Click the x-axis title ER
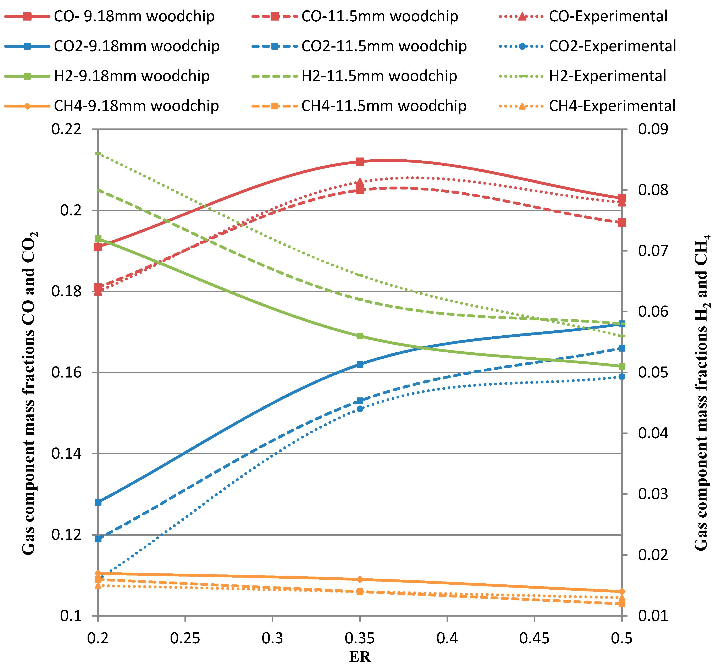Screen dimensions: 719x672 [x=360, y=657]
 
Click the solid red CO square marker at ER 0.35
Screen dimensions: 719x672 [x=360, y=162]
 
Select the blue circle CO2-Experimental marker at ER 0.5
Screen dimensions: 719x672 [x=622, y=376]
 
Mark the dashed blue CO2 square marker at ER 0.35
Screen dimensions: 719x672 [x=360, y=401]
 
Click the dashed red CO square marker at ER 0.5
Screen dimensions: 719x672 [x=622, y=222]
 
